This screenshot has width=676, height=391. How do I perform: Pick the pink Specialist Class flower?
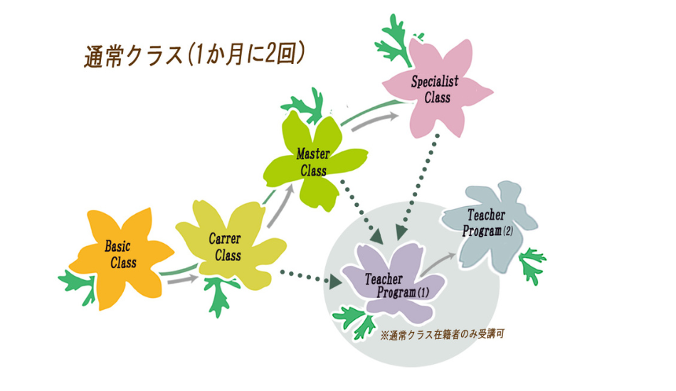point(437,89)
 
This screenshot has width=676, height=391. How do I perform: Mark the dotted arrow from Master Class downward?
point(359,206)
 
